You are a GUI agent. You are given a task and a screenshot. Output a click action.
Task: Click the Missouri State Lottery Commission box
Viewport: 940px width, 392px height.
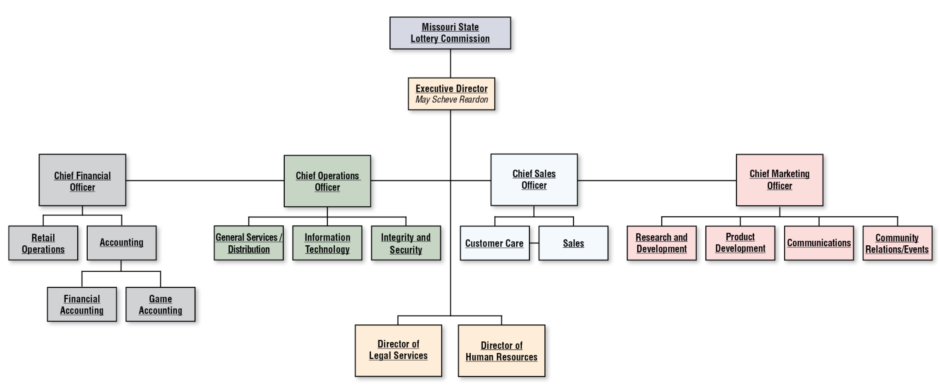tap(450, 33)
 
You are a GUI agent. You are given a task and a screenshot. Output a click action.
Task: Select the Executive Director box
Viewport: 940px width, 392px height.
tap(451, 94)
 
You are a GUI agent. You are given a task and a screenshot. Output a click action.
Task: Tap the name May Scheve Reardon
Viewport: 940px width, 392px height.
tap(452, 99)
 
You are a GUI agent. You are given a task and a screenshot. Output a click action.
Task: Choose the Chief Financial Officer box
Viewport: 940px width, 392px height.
tap(82, 180)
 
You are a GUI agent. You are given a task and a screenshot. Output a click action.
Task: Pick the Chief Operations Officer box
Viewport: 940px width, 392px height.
tap(327, 181)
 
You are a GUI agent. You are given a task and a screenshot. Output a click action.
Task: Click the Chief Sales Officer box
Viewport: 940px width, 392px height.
tap(534, 180)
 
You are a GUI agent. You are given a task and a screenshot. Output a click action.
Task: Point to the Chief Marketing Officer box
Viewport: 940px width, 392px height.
tap(779, 180)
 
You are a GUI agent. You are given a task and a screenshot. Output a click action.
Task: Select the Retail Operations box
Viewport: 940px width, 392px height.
tap(43, 243)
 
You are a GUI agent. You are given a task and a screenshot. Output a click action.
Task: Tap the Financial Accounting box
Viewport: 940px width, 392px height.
tap(82, 304)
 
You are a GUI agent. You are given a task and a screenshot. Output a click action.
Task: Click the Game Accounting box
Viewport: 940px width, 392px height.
tap(160, 304)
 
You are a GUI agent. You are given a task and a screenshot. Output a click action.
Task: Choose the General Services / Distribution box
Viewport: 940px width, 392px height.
tap(248, 243)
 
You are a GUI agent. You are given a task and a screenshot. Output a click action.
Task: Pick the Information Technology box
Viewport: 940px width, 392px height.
tap(327, 243)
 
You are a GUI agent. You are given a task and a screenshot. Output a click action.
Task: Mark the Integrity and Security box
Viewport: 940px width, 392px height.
tap(406, 243)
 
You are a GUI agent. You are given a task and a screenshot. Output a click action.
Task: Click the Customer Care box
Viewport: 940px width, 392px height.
tap(495, 243)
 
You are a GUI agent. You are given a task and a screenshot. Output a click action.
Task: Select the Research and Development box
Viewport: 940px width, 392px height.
tap(662, 243)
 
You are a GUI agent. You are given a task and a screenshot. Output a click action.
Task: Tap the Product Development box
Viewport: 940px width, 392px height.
tap(740, 243)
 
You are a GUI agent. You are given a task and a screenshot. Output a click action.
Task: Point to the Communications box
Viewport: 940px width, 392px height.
tap(819, 243)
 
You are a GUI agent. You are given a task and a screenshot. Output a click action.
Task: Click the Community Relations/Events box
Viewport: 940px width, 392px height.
tap(898, 243)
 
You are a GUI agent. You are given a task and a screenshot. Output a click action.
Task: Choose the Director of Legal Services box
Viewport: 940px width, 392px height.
tap(398, 350)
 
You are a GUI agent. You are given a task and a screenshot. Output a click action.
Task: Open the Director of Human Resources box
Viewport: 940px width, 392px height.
tap(501, 350)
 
